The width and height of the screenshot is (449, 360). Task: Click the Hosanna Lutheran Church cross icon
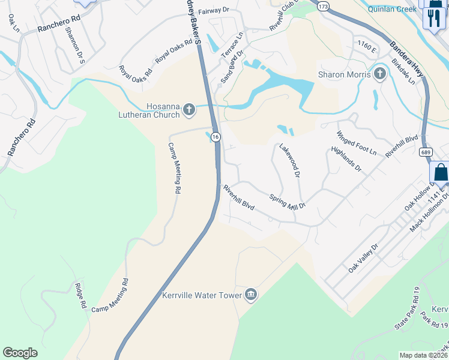tap(189, 109)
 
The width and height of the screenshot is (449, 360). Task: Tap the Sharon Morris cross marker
tap(379, 74)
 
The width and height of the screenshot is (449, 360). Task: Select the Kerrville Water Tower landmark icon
tap(251, 295)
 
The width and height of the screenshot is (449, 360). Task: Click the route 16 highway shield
tap(215, 137)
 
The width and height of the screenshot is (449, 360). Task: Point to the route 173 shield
tap(324, 6)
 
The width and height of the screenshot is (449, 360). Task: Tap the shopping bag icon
tap(441, 172)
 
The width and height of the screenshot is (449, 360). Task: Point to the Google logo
tap(20, 353)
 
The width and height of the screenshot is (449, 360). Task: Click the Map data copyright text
tap(423, 355)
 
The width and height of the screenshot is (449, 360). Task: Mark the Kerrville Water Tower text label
tap(202, 295)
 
